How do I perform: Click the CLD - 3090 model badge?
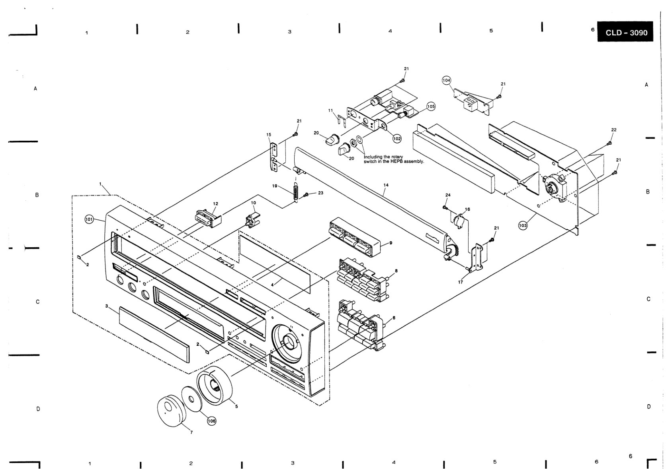pos(625,32)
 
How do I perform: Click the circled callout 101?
pos(89,220)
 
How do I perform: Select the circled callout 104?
pos(446,80)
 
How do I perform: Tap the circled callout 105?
pos(430,106)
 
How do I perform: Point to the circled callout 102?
pos(397,138)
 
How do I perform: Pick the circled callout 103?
pos(523,226)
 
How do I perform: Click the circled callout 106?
pos(212,421)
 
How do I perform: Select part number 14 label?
pos(386,185)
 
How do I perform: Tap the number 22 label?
pos(614,130)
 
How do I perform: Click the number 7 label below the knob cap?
pos(191,432)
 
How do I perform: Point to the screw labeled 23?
pos(306,195)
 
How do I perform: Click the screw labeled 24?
pos(445,207)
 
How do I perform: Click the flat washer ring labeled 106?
pos(191,399)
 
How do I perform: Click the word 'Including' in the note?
pos(373,157)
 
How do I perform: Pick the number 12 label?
pos(215,203)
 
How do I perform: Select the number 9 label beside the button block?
pos(391,243)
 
